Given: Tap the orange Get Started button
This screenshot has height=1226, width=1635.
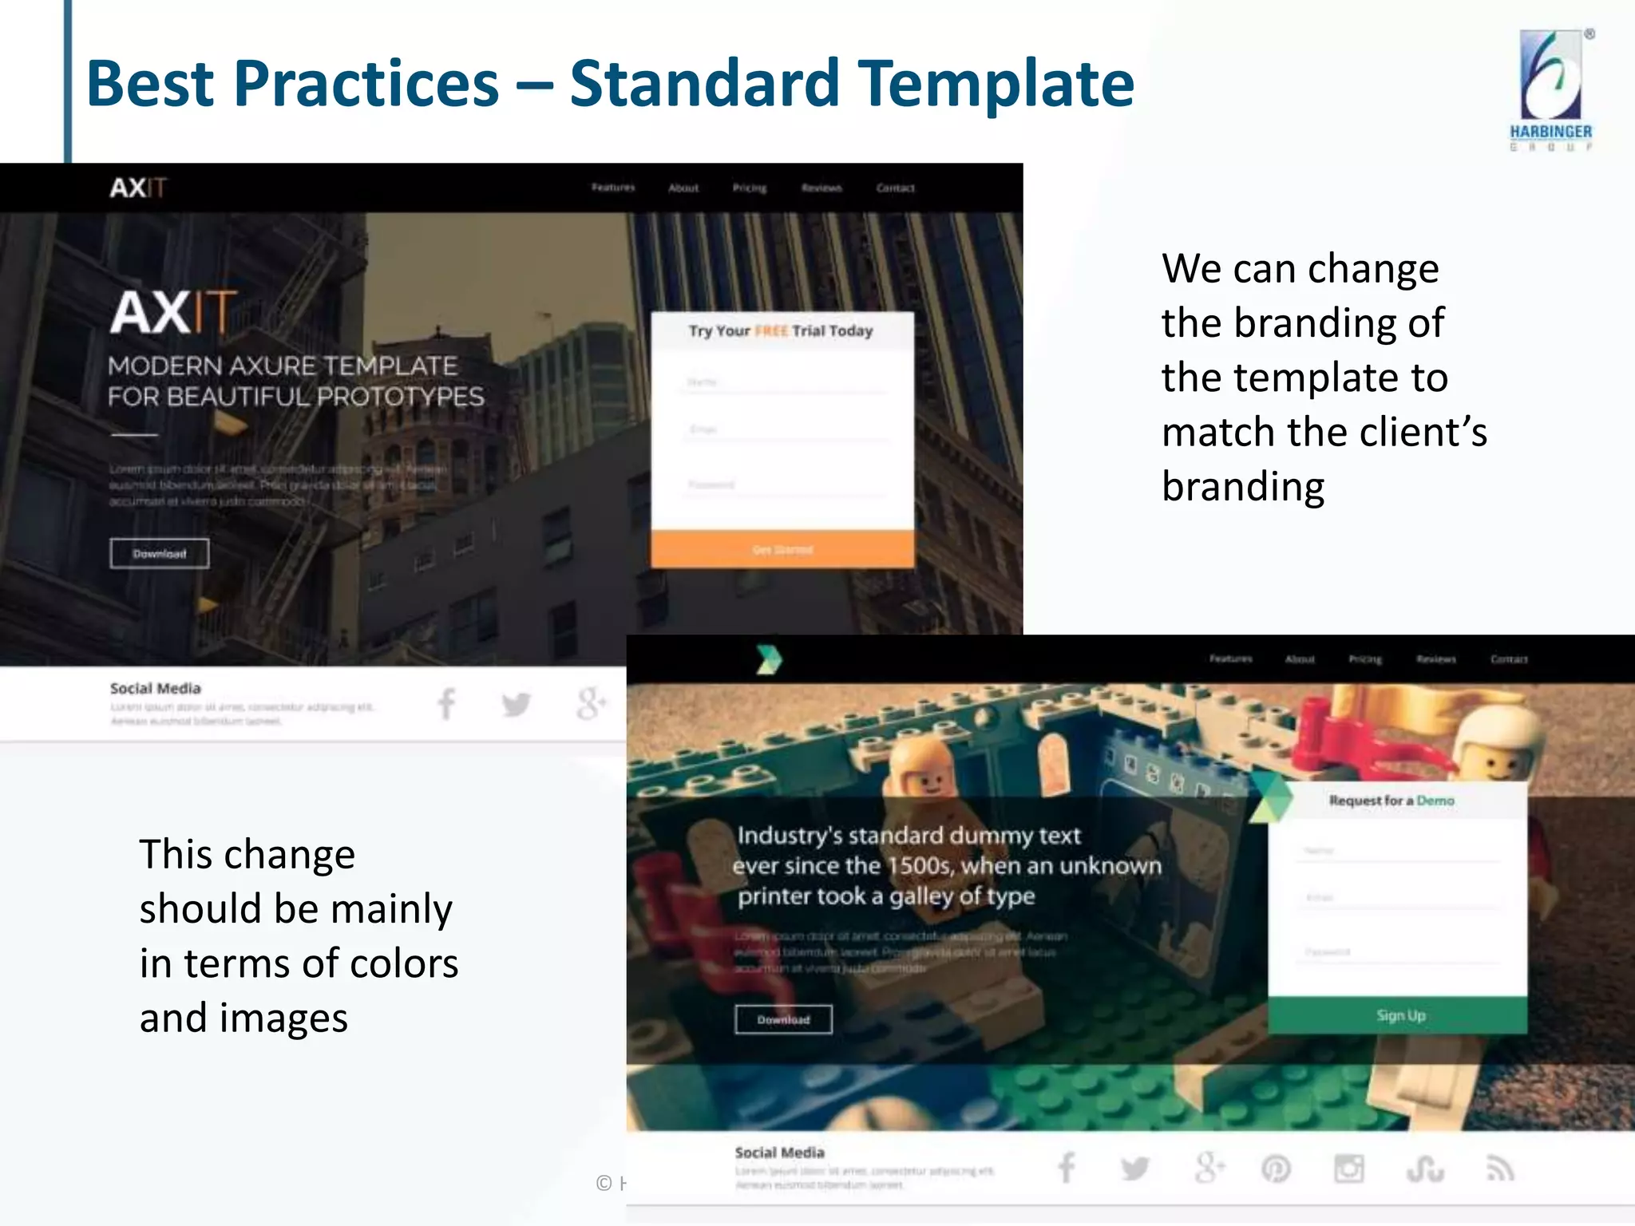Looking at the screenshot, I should click(782, 549).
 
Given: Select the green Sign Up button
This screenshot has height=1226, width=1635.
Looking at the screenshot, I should click(1399, 1015).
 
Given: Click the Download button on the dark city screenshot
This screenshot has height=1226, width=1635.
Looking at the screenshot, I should click(160, 553).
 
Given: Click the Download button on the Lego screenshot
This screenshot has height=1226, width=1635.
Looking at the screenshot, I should click(783, 1019).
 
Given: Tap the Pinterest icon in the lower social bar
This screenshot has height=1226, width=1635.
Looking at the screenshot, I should click(1276, 1169).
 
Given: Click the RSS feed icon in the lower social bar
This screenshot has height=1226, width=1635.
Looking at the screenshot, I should click(1500, 1169).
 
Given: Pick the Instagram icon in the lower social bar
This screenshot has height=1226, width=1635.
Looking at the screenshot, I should click(1348, 1169).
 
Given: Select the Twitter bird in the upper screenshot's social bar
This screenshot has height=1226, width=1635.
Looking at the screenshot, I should click(517, 704).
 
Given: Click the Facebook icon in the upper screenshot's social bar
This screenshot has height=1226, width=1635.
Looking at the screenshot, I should click(446, 704).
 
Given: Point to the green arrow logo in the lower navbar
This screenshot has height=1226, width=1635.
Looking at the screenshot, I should click(769, 659).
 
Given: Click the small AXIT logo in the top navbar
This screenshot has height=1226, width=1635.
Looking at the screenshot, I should click(138, 188).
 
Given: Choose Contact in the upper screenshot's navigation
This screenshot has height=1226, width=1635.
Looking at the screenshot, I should click(895, 188).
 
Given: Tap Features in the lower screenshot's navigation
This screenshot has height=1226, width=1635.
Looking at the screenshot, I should click(1230, 659).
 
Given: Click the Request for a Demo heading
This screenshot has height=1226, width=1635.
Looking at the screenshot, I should click(1391, 801).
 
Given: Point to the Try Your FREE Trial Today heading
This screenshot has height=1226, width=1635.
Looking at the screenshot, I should click(781, 331).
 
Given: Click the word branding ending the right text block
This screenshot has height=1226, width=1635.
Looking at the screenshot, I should click(1243, 487).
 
